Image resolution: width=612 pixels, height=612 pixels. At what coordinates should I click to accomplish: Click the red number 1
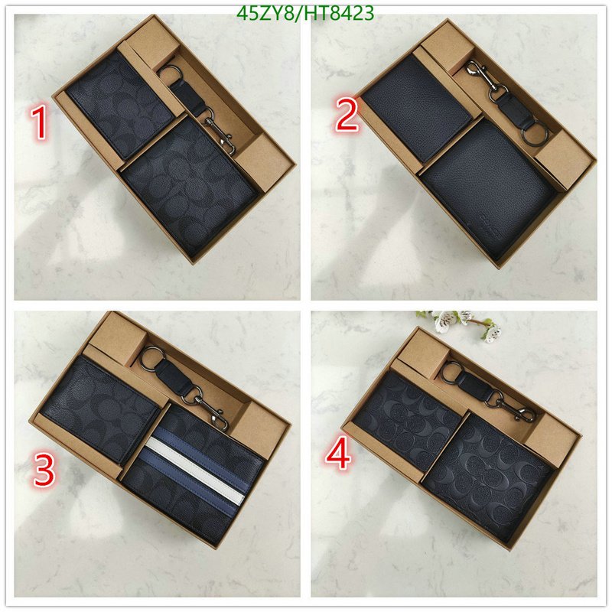coord(41,123)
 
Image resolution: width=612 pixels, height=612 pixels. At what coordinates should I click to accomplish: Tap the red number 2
coord(347,114)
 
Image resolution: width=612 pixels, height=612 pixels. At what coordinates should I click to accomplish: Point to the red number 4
coord(338,453)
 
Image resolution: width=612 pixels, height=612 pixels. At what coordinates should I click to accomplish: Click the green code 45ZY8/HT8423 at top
coord(305,13)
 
